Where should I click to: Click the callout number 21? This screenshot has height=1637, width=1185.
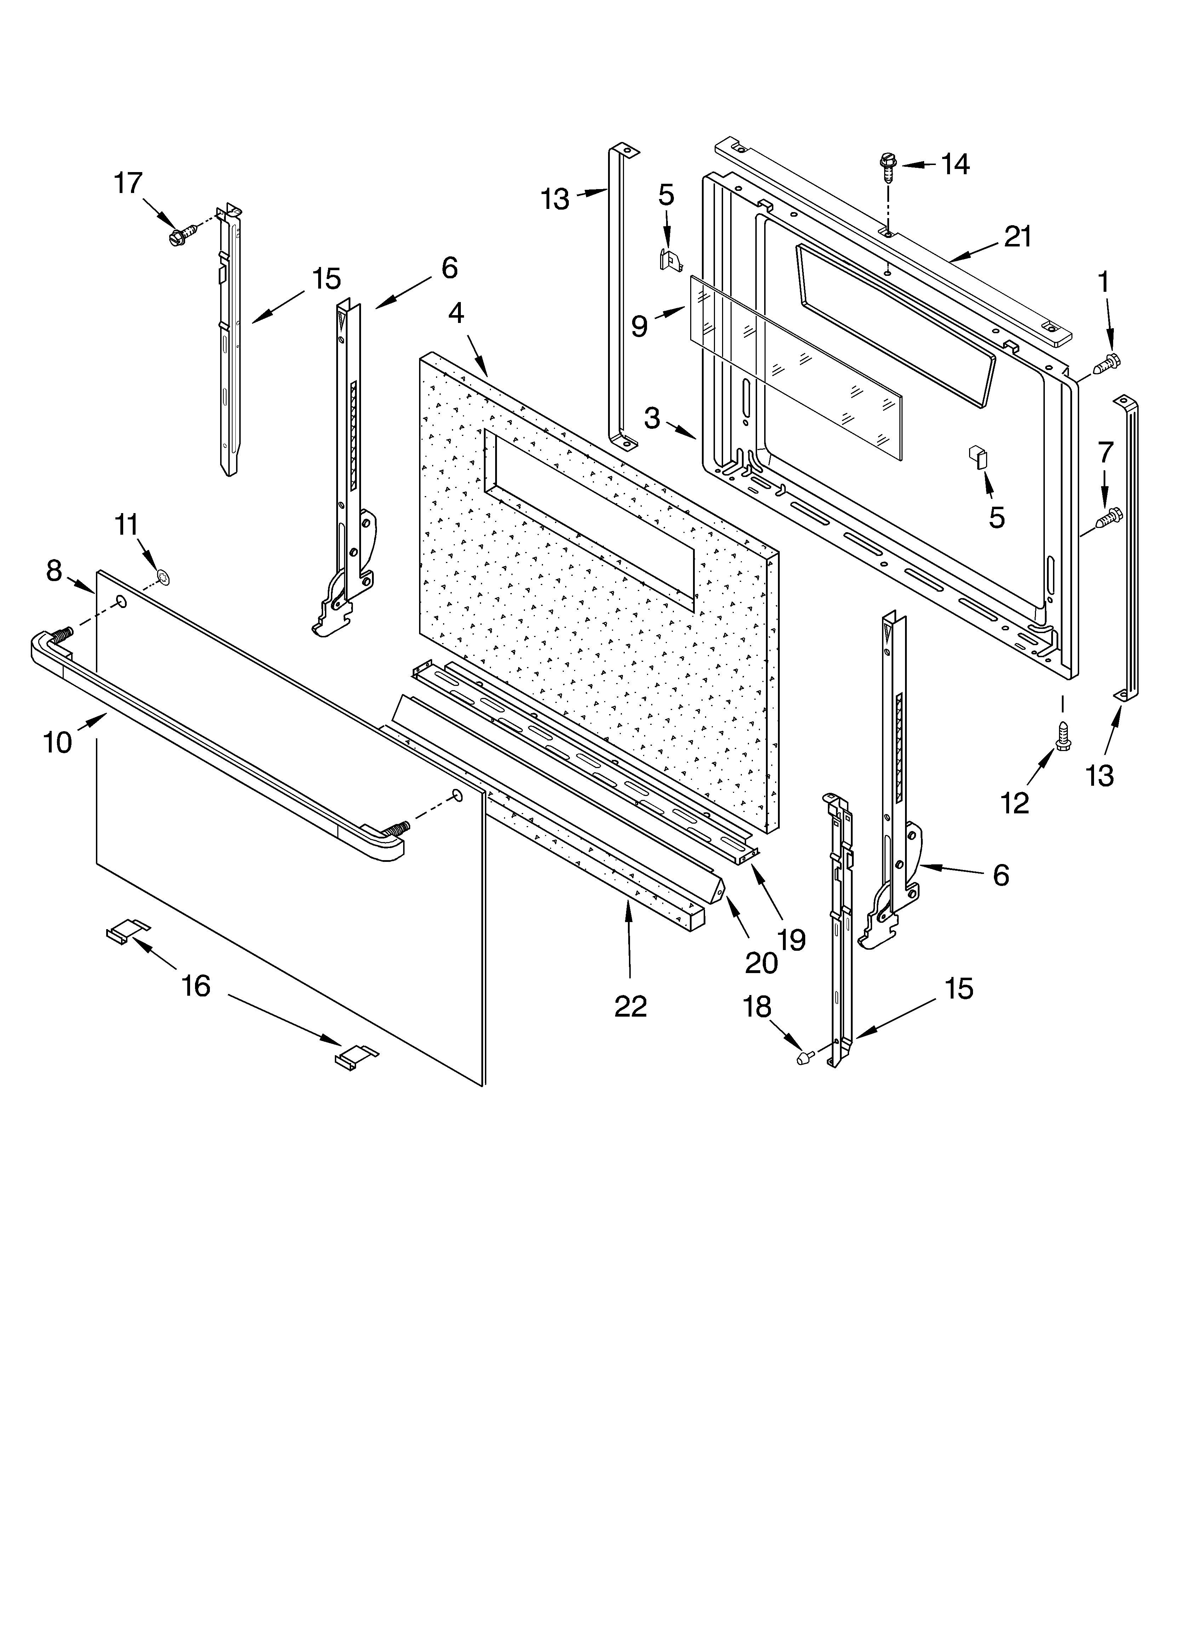1018,237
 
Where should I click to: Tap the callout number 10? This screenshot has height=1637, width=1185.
58,742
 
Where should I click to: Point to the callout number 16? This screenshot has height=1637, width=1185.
196,985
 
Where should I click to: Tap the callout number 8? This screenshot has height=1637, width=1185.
54,571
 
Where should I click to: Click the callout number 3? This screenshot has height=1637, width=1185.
652,418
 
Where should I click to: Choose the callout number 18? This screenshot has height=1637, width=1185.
757,1007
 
